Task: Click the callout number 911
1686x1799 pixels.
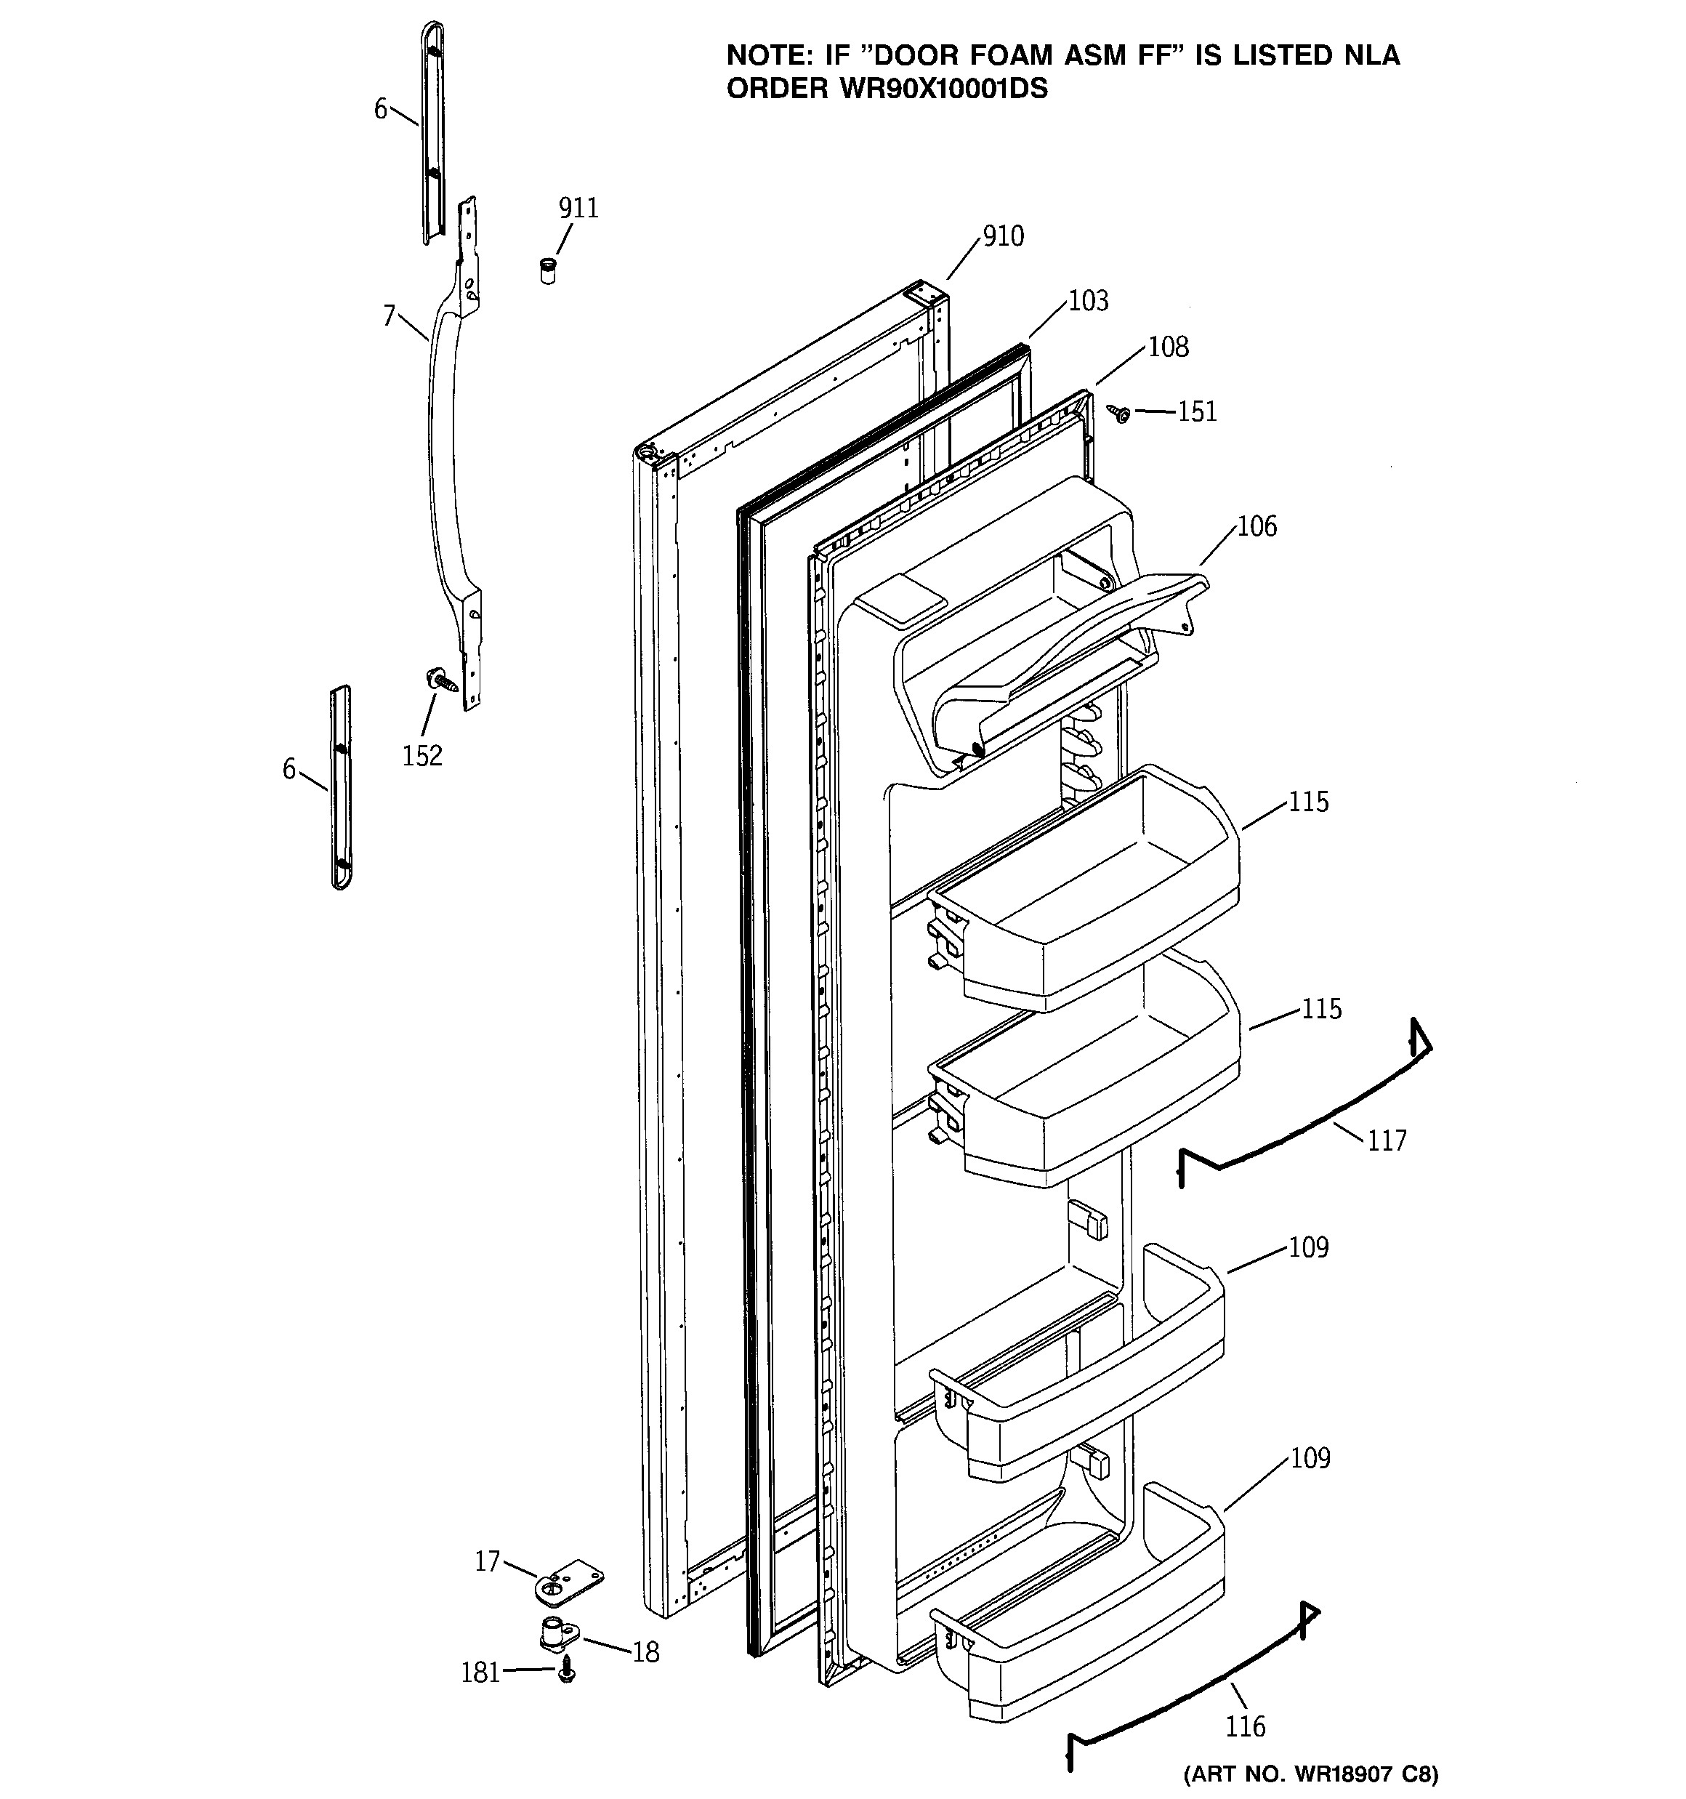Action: [578, 209]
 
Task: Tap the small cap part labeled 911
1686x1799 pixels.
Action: [547, 270]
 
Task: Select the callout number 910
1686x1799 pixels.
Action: [1003, 237]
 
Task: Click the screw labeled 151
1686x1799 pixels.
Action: [1121, 414]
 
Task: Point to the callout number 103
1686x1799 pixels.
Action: [1088, 302]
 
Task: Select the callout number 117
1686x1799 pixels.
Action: [1387, 1141]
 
